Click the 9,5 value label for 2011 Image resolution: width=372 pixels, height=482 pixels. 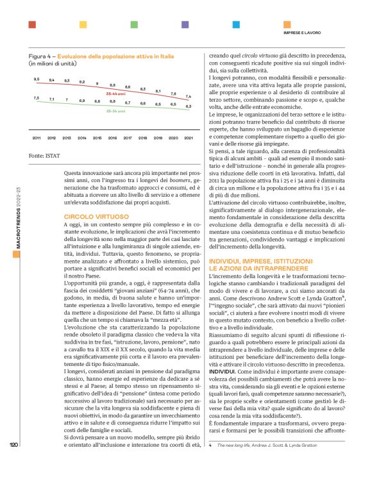(x=36, y=79)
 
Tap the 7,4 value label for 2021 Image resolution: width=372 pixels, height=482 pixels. (x=188, y=96)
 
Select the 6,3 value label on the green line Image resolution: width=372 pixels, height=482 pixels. (x=188, y=106)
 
